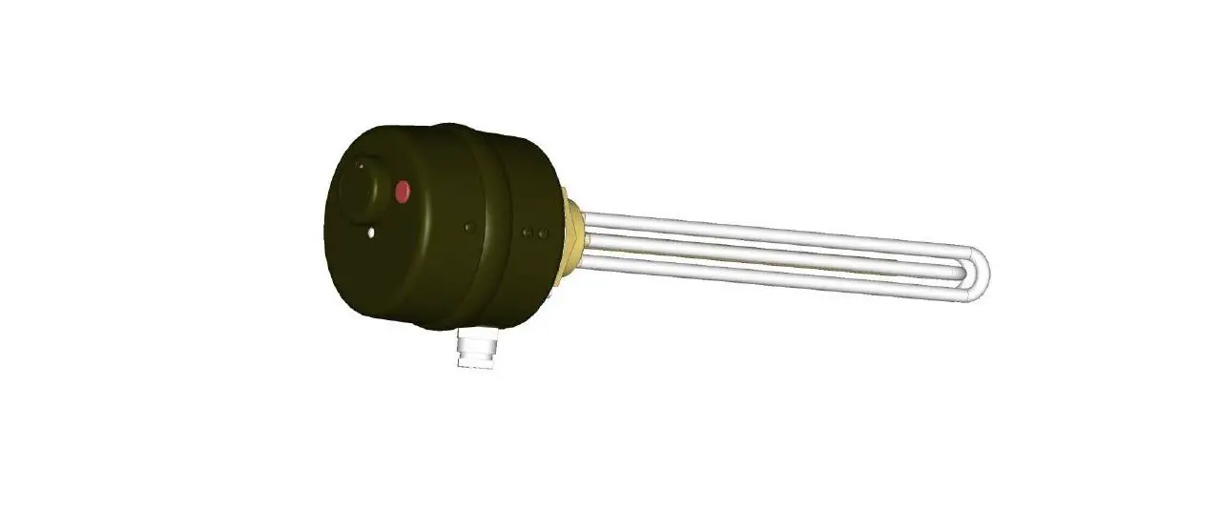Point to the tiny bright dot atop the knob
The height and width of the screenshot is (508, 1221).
pyautogui.click(x=360, y=165)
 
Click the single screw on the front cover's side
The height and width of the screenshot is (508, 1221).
pyautogui.click(x=467, y=228)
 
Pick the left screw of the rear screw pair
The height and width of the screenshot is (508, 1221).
pyautogui.click(x=528, y=232)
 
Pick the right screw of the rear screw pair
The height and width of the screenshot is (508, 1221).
pyautogui.click(x=542, y=234)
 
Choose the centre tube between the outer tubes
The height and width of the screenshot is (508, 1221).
pyautogui.click(x=763, y=254)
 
